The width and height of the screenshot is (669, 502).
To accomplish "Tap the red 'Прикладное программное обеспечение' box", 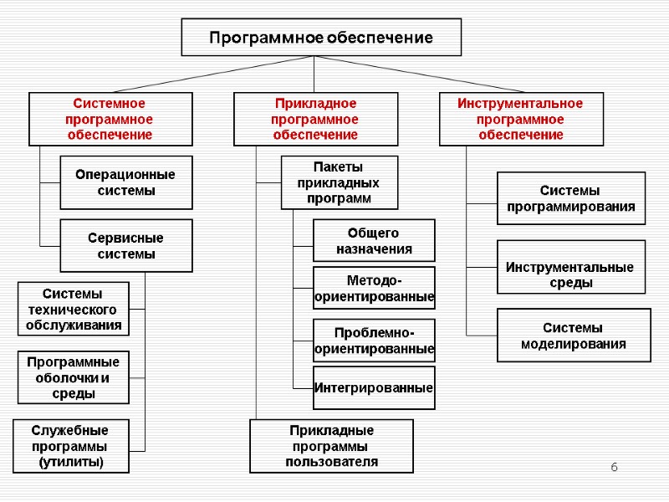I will pos(315,119).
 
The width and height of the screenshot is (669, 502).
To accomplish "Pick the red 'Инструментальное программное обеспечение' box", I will pos(521,119).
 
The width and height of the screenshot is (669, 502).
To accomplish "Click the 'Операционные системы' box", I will pos(125,182).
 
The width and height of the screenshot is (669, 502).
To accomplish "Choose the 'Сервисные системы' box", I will pos(125,246).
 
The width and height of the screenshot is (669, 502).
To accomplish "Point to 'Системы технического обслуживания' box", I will pos(74,309).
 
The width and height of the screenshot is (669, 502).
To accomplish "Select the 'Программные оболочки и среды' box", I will pos(74,377).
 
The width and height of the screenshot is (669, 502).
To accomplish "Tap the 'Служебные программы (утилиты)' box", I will pos(71,446).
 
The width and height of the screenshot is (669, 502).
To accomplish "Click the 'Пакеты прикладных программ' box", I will pos(339,182).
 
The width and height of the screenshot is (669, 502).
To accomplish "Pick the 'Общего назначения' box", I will pos(374,241).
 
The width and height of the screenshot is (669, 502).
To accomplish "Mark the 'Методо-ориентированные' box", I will pos(374,288).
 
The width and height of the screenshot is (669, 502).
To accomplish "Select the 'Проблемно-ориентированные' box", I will pos(374,340).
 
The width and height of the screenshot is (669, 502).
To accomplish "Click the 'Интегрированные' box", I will pos(374,387).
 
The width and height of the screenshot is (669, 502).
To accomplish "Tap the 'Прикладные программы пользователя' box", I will pos(331,446).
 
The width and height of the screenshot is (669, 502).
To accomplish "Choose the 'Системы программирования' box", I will pos(571,198).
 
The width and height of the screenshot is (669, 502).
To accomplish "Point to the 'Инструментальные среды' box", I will pos(571,267).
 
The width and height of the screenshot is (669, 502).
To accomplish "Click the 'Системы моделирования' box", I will pos(574,336).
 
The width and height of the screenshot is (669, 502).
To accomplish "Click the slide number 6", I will pos(613,465).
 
